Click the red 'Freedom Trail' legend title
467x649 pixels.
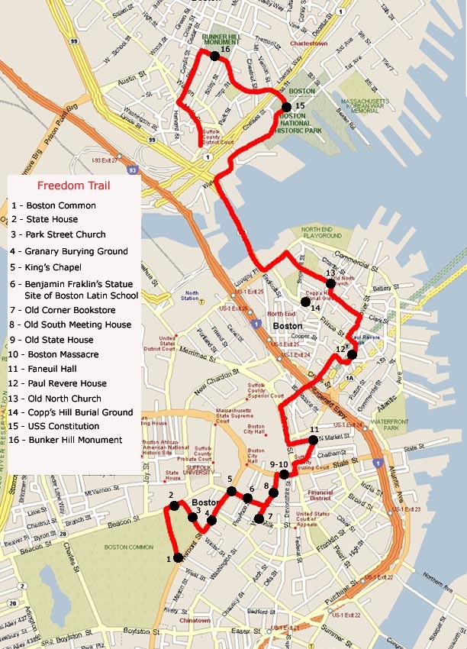click(x=74, y=185)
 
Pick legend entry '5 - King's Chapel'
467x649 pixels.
click(x=56, y=267)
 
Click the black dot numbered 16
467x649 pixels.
click(x=214, y=56)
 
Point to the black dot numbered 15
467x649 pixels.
click(x=286, y=107)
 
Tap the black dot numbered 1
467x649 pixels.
click(x=178, y=557)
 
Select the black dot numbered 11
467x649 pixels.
click(x=313, y=440)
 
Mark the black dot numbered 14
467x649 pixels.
click(x=305, y=302)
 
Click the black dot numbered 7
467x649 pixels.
click(x=259, y=519)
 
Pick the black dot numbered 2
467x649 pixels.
click(x=174, y=505)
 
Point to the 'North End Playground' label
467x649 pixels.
click(x=323, y=232)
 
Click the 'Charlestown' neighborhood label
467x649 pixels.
click(x=312, y=44)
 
